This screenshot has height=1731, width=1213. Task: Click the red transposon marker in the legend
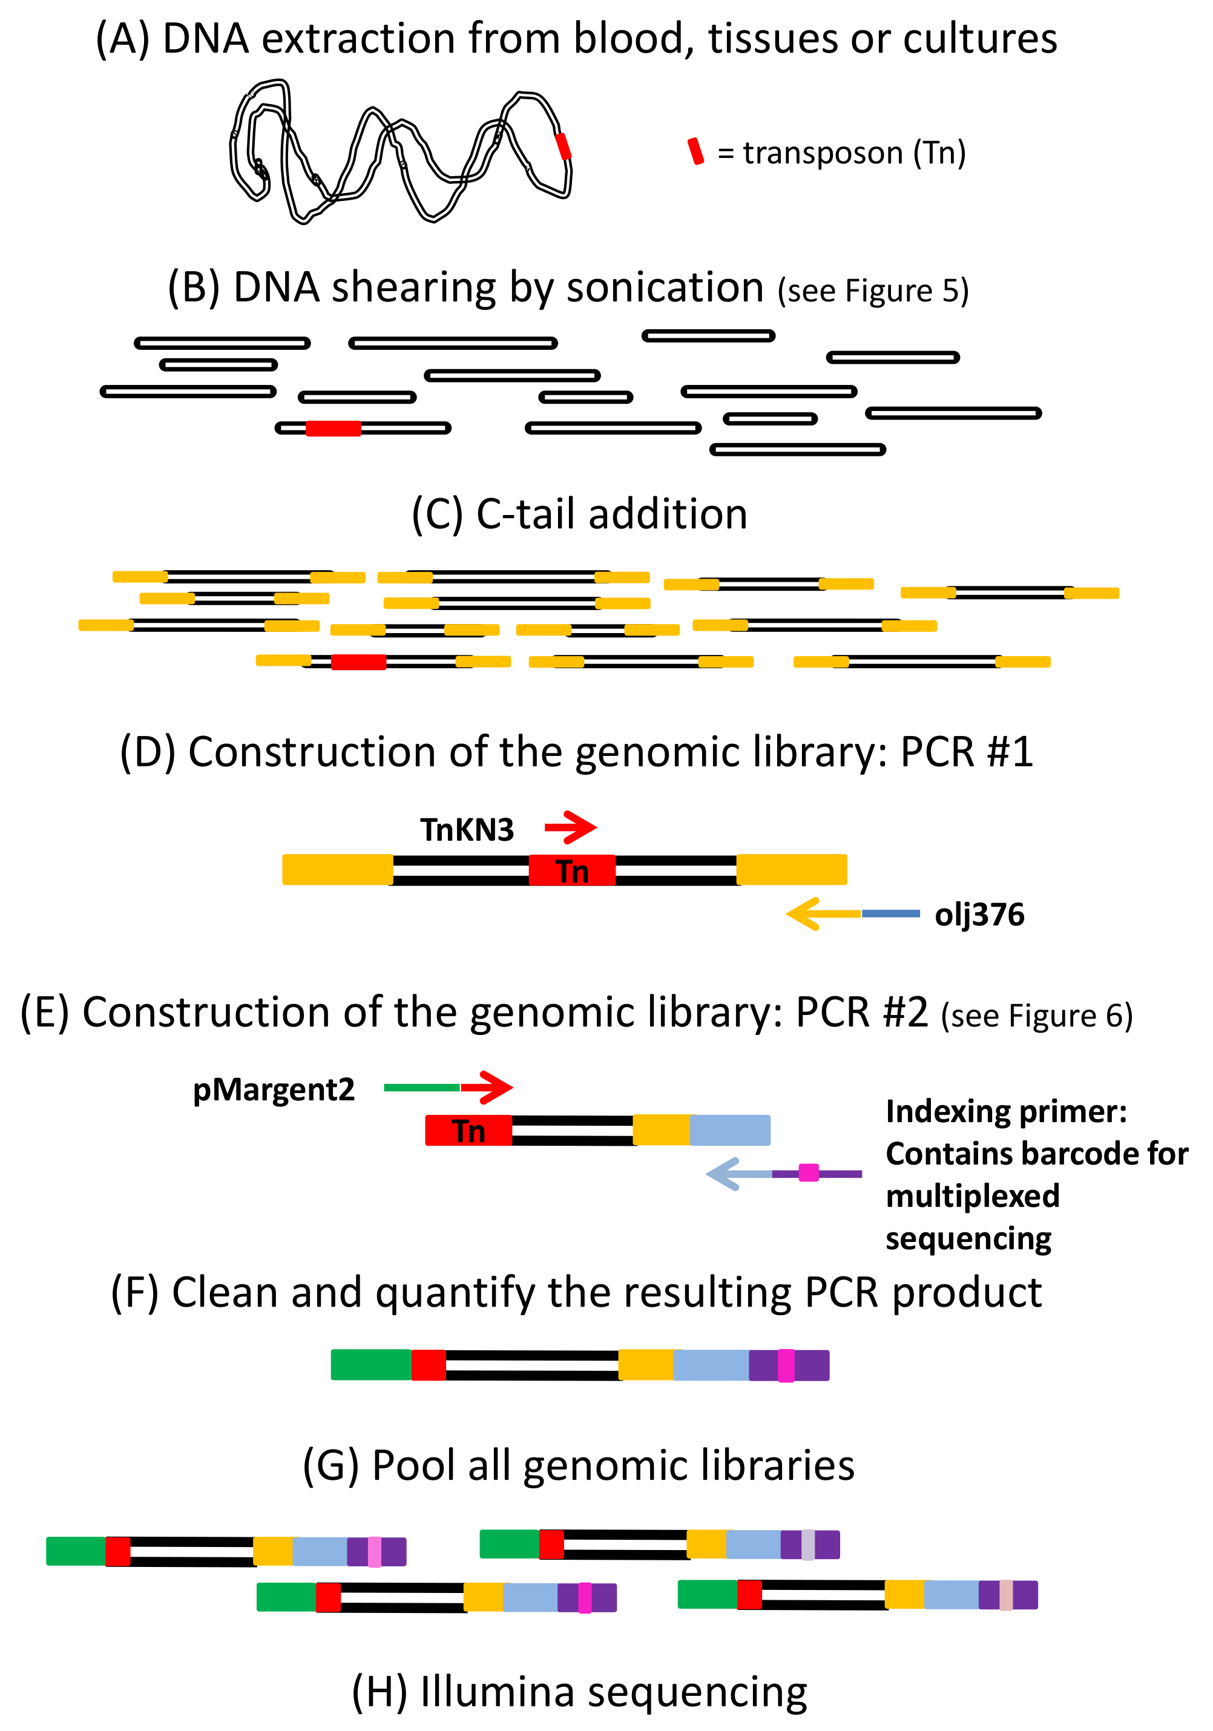coord(695,151)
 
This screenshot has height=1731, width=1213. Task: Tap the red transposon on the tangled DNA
coord(562,146)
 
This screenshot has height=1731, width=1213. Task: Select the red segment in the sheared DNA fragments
coord(334,429)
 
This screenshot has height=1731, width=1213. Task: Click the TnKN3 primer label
coord(467,830)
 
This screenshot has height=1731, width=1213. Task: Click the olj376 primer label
coord(979,915)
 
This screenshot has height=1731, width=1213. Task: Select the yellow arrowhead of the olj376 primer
coord(804,914)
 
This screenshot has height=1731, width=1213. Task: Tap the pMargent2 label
coord(274,1090)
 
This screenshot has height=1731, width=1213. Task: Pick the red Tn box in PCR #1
coord(571,870)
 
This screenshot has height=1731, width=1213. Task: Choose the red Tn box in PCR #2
coord(468,1130)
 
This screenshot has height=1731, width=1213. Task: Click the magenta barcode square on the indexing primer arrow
coord(808,1173)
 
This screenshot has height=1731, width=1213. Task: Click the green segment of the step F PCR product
coord(371,1365)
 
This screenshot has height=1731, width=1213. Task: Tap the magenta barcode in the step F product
coord(786,1365)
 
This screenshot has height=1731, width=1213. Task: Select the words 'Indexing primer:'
coord(1007,1111)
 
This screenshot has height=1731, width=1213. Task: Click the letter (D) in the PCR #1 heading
coord(148,752)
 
